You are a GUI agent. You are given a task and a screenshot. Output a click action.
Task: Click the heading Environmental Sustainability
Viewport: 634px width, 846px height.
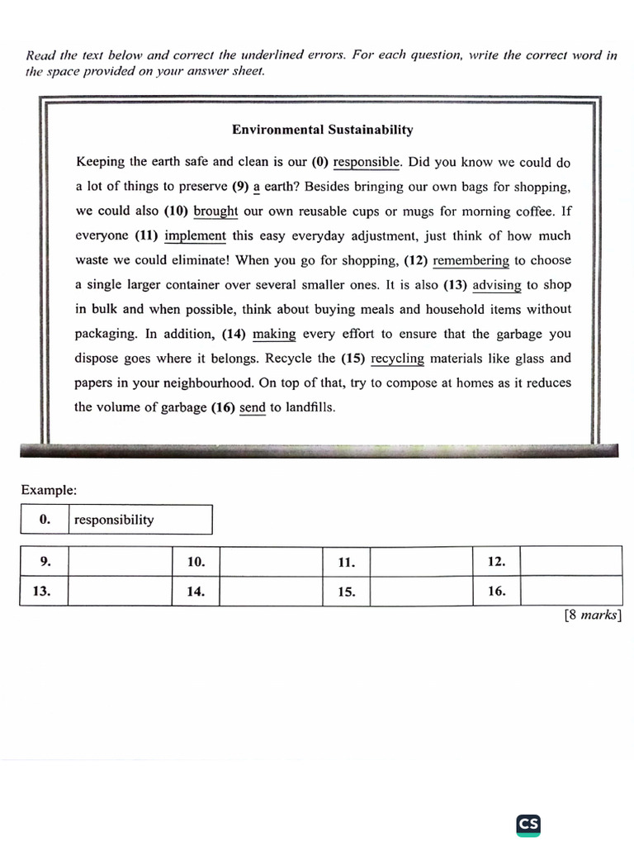pos(322,130)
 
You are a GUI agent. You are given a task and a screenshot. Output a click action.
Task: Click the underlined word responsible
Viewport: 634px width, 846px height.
pos(367,162)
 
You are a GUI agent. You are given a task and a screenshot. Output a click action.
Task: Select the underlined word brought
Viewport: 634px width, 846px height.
pos(215,211)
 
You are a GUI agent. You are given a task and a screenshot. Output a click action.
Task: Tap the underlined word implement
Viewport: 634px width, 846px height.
pos(195,235)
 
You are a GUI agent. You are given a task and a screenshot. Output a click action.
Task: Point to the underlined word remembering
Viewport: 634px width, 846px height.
pos(471,260)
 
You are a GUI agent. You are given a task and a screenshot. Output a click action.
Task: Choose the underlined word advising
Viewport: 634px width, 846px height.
pos(496,285)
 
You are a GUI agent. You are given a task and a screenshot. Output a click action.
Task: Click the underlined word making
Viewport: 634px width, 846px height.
pos(274,334)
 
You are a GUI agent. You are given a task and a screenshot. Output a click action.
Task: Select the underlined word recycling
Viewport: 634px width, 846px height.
pos(397,359)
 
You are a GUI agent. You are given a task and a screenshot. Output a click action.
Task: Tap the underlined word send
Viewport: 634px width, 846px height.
pos(253,407)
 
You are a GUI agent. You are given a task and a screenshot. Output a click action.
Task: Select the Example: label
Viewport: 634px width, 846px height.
pos(49,490)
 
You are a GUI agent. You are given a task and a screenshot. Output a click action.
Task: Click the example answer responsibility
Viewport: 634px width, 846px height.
pos(114,520)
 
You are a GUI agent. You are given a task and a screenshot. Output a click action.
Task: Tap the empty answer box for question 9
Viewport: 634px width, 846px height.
pos(120,562)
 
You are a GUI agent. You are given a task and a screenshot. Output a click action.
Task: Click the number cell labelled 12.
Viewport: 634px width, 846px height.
pos(495,562)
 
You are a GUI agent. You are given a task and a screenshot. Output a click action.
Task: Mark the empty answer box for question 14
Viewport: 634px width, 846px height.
pos(271,592)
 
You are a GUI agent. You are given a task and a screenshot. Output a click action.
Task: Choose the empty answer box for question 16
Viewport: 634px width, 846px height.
pos(571,592)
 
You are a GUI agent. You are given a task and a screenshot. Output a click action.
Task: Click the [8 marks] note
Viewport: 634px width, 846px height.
pos(592,615)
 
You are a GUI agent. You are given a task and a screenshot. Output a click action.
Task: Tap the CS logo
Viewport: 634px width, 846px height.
pos(528,824)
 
